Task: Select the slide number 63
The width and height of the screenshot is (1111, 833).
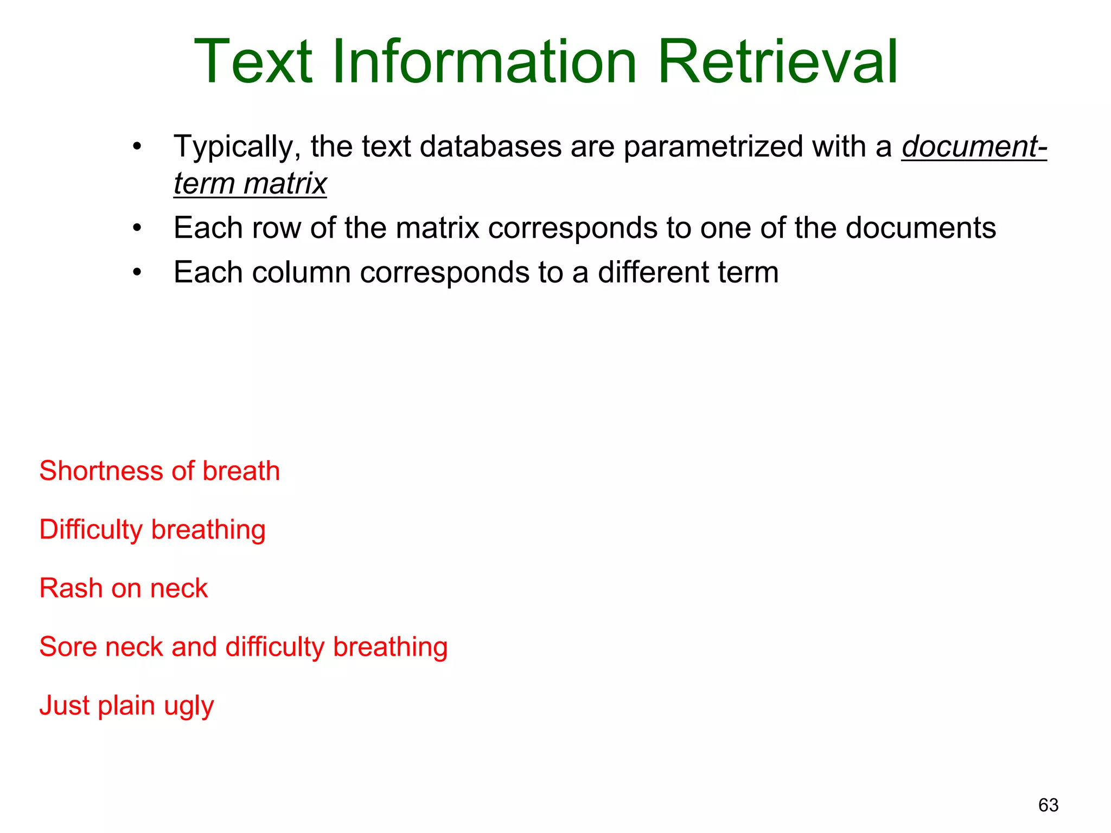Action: pos(1048,805)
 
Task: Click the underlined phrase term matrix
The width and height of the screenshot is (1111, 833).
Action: pos(250,183)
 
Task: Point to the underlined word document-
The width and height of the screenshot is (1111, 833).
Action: pos(974,146)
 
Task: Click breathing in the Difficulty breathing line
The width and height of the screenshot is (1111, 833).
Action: pos(208,530)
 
